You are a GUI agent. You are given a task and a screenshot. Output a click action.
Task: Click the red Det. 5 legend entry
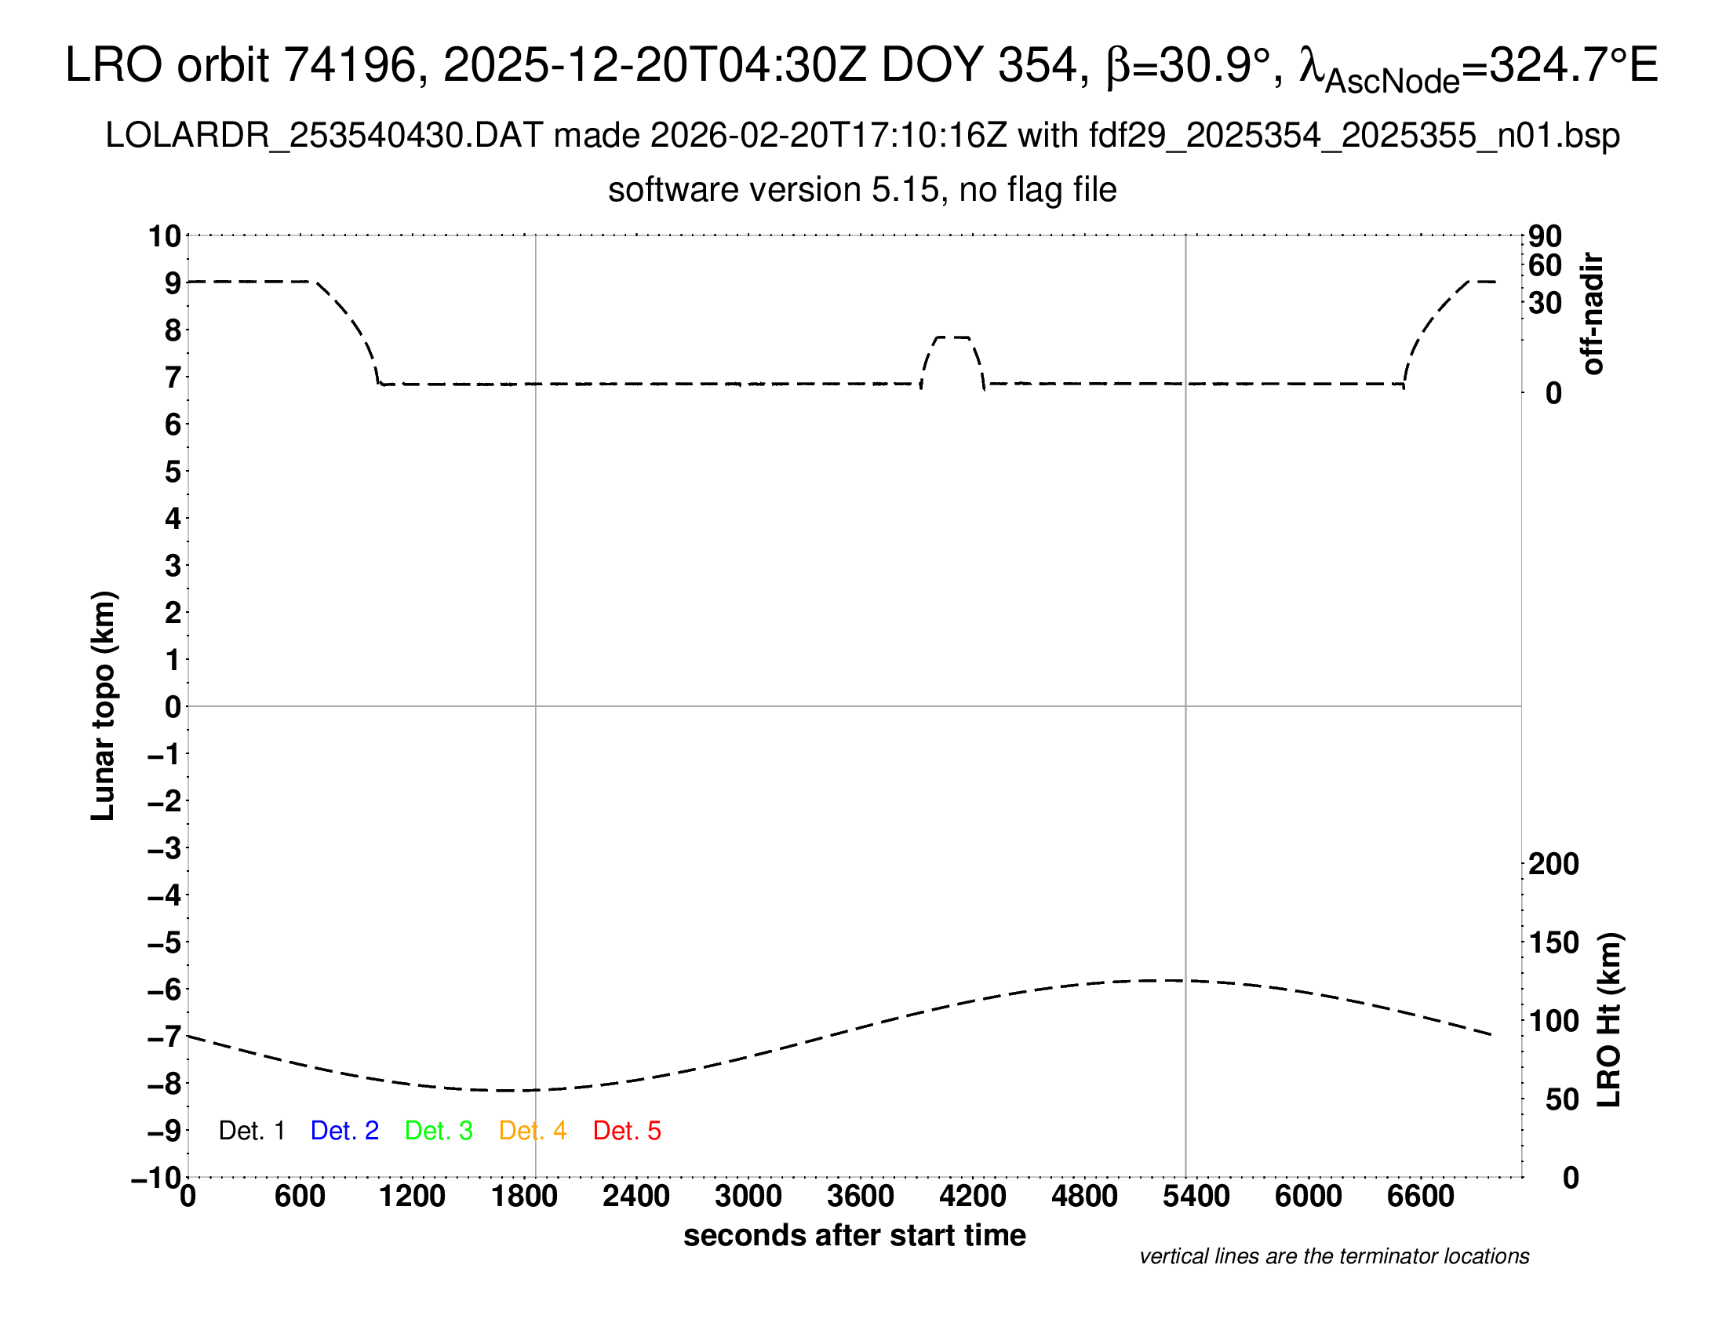627,1131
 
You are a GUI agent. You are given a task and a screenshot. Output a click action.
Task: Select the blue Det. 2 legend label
344,1131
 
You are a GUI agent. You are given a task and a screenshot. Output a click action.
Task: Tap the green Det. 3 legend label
439,1131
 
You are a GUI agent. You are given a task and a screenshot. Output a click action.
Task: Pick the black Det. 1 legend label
251,1131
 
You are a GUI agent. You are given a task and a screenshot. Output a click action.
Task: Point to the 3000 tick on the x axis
748,1197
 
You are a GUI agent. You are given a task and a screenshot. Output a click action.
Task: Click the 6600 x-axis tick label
1420,1197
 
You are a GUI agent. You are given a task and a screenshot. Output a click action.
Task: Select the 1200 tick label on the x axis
412,1197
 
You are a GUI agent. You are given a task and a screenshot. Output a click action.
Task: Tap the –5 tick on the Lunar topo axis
165,942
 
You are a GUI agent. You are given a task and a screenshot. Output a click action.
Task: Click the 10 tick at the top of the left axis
166,236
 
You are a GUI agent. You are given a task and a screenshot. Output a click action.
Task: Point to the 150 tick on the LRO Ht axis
1553,942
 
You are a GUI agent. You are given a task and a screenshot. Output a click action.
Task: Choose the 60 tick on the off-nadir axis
1545,265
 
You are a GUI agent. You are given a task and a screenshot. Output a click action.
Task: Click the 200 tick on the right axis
1553,864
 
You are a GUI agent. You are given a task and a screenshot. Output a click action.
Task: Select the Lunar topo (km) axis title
104,705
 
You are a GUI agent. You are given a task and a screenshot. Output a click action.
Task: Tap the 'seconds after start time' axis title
854,1235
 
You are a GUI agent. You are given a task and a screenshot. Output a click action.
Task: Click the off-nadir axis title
1593,314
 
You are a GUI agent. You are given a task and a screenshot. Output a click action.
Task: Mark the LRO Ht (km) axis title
1609,1020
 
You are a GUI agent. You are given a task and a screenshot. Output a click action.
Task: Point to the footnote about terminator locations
1334,1256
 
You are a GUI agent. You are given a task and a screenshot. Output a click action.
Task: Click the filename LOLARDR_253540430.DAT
324,136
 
